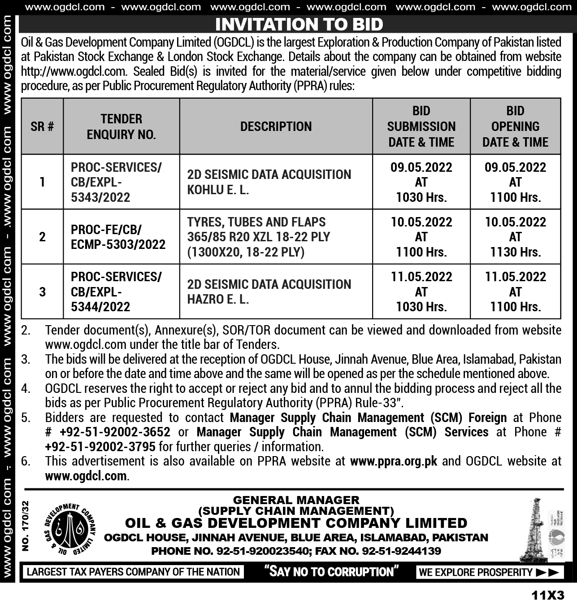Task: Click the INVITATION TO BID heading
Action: click(299, 24)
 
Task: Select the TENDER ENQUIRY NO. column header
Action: click(121, 126)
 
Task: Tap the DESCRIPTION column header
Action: click(276, 126)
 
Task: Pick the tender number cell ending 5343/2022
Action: click(116, 182)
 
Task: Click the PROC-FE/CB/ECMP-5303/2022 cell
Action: click(118, 237)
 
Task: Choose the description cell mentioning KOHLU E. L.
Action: click(269, 182)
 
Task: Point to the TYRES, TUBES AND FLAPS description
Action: click(259, 237)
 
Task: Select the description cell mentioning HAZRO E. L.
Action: click(269, 292)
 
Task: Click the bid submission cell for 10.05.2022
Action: click(421, 237)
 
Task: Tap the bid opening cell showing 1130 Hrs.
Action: click(515, 237)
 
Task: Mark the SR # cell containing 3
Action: click(42, 292)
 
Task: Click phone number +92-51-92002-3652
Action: click(115, 432)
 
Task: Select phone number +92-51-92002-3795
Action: click(100, 447)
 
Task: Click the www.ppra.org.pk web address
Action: click(393, 461)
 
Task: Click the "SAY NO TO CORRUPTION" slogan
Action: click(331, 572)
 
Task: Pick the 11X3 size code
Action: click(548, 596)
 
